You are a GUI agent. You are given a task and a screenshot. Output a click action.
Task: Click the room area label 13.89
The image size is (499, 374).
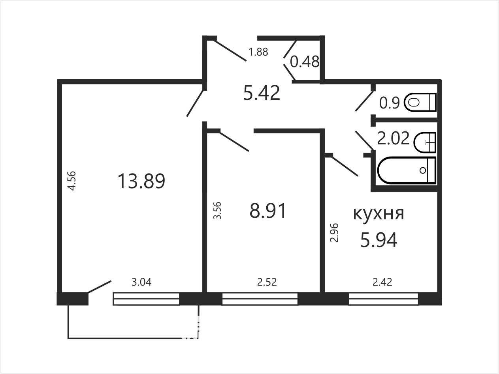click(x=141, y=181)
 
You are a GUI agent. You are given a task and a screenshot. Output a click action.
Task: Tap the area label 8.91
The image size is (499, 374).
click(x=267, y=211)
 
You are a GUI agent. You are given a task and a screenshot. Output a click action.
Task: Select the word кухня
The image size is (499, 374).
click(x=378, y=213)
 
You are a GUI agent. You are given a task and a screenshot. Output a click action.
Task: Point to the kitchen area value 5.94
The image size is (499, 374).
click(x=379, y=239)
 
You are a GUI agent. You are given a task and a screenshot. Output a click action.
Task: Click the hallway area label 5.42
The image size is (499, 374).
click(x=262, y=93)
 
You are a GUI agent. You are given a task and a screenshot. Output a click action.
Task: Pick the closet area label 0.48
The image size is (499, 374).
click(x=305, y=62)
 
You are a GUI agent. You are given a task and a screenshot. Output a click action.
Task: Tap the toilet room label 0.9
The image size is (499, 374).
click(x=389, y=103)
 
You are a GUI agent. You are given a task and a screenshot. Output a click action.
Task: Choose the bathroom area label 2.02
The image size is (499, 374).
click(x=393, y=138)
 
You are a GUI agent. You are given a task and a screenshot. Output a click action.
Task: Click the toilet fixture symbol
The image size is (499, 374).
click(x=420, y=102)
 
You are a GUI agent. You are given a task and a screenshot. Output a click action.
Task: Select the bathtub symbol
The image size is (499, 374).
click(x=407, y=170)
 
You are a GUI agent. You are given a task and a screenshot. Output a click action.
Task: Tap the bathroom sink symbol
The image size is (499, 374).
click(x=425, y=142)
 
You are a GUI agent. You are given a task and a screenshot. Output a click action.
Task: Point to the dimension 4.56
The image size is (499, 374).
click(x=72, y=181)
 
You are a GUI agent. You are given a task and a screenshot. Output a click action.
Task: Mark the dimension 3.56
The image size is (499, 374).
click(x=217, y=210)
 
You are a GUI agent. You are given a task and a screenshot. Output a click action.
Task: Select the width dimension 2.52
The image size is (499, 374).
click(x=267, y=282)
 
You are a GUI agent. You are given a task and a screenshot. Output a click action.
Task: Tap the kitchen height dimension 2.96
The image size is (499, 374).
click(x=334, y=233)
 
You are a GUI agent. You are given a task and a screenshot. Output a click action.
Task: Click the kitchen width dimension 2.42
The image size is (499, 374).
click(x=382, y=282)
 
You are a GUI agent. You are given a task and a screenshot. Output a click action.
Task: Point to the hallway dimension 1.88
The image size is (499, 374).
click(x=258, y=52)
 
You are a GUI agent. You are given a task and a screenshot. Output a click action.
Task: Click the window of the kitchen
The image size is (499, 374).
click(x=383, y=299)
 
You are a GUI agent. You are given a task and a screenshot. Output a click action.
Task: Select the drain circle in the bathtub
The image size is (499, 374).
click(x=423, y=170)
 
